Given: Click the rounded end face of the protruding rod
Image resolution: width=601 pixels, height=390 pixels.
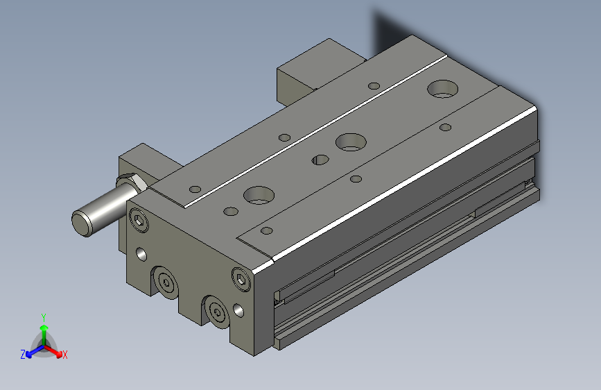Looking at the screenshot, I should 82,222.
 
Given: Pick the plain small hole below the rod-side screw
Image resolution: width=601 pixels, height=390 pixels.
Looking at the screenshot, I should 142,253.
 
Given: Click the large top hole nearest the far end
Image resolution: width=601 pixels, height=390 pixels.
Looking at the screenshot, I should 443,88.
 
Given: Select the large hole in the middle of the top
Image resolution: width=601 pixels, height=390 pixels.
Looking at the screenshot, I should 351,142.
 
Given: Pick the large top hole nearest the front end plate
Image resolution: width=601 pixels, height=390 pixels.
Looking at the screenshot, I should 259,195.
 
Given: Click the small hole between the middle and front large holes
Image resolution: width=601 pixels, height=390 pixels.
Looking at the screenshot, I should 321,159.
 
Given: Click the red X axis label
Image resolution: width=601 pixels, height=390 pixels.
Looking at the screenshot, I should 64,355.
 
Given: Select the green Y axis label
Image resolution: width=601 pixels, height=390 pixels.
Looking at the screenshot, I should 43,316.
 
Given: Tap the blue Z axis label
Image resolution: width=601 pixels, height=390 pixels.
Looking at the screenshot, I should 23,355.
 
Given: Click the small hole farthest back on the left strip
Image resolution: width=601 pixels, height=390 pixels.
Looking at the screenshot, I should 374,86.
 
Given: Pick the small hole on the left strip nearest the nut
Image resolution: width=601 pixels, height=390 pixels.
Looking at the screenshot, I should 195,189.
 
